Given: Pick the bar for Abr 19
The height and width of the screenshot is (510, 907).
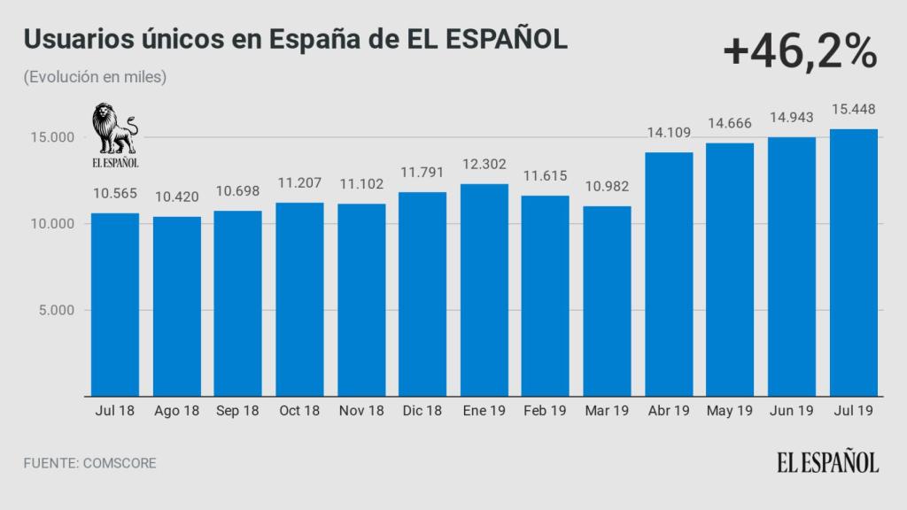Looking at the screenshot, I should click(669, 274).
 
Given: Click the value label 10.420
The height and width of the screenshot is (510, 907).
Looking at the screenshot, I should click(176, 197).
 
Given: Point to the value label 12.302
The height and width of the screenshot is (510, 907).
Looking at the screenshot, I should click(485, 165).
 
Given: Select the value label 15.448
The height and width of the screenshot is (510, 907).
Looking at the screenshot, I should click(854, 111).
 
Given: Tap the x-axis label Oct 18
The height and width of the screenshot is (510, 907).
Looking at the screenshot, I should click(299, 411).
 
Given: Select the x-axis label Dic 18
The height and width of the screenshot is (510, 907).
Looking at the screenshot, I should click(422, 411).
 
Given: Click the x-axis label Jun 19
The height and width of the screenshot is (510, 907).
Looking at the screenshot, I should click(792, 411).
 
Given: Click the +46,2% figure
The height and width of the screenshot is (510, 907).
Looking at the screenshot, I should click(799, 54).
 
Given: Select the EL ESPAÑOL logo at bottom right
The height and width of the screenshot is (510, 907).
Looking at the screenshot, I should click(828, 462).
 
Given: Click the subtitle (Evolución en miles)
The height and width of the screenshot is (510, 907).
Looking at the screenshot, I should click(96, 77).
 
